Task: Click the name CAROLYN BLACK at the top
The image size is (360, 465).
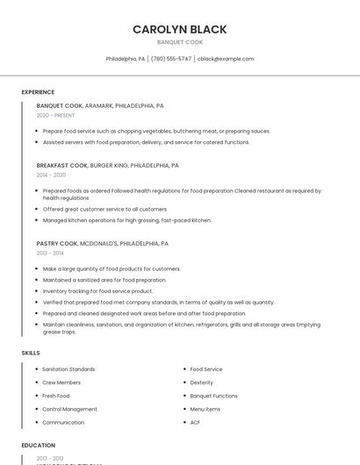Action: click(180, 29)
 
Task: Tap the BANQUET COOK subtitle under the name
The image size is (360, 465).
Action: click(180, 42)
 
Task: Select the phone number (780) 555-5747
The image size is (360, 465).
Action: click(171, 59)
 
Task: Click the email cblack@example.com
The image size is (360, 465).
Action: click(226, 59)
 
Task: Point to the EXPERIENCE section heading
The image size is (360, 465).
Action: click(38, 91)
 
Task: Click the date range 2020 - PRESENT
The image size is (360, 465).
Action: click(55, 115)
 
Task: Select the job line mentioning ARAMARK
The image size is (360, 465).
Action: click(100, 105)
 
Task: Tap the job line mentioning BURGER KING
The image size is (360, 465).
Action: click(107, 165)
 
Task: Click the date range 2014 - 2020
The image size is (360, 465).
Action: click(51, 175)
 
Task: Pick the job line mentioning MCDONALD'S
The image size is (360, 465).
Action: click(102, 243)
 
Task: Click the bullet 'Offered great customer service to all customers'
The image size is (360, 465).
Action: click(104, 209)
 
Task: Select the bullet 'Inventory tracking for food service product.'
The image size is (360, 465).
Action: click(97, 290)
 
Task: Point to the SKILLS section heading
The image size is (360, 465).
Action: click(31, 352)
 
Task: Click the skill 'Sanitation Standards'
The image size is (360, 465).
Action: click(68, 369)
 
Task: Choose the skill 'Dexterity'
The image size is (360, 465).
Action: click(201, 383)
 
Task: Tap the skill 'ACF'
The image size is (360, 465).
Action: click(195, 422)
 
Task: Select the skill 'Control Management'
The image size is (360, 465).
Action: click(69, 409)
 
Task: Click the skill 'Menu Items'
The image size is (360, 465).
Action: click(205, 409)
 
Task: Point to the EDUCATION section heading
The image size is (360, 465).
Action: click(38, 445)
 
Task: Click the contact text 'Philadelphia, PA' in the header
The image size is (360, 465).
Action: click(126, 59)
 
